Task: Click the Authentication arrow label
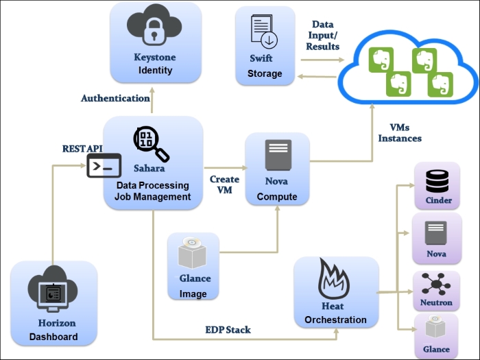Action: (x=115, y=98)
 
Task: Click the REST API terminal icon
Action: (x=104, y=166)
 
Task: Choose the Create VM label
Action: (x=224, y=184)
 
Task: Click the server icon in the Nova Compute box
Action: (x=278, y=156)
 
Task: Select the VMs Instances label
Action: (x=400, y=132)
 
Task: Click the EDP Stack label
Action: (x=228, y=330)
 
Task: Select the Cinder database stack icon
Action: (x=437, y=180)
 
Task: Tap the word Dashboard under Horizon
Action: (x=53, y=337)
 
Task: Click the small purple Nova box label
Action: (x=436, y=254)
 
